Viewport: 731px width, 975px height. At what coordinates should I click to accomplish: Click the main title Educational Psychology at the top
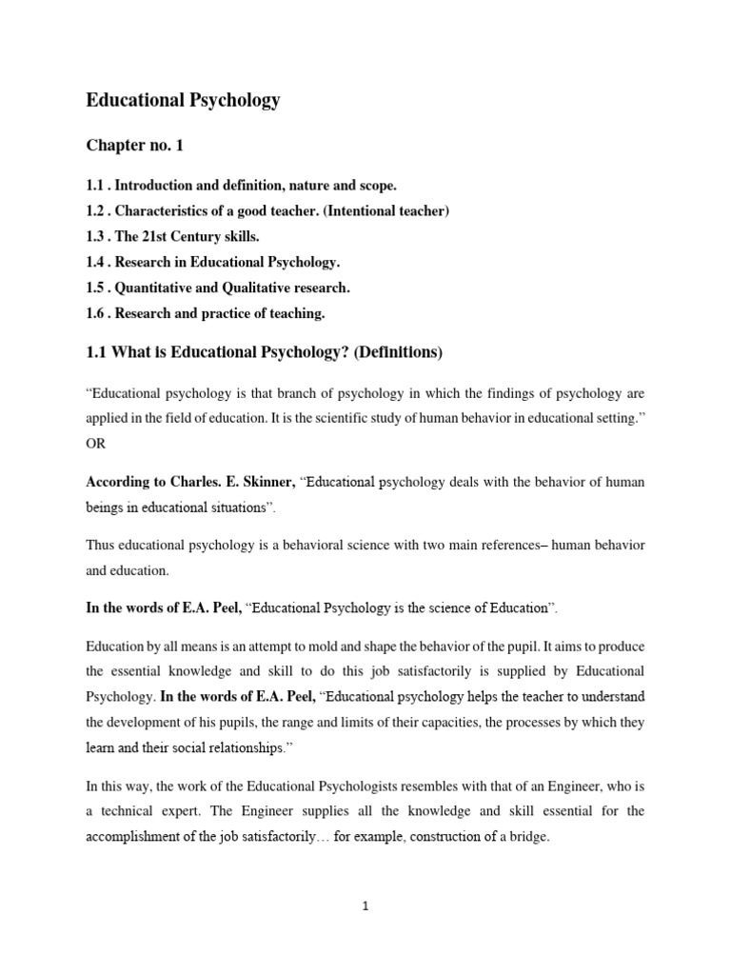click(183, 100)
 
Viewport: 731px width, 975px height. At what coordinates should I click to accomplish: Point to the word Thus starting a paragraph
click(102, 546)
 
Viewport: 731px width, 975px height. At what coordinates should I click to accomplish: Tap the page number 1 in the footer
click(365, 906)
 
